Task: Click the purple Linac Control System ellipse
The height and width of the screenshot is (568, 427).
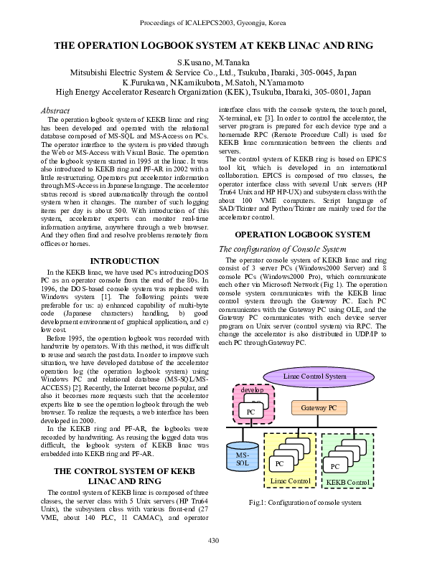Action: [x=314, y=376]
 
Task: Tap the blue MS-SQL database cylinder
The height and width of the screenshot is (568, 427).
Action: [x=243, y=460]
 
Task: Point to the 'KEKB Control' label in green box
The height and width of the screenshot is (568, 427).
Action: [x=347, y=482]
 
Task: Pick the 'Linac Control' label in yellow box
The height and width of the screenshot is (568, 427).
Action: [x=291, y=481]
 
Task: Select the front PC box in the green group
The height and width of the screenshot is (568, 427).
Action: [x=334, y=466]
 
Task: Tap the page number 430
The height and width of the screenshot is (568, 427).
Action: [x=213, y=539]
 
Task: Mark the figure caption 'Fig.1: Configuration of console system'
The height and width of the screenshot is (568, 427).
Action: [x=305, y=502]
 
